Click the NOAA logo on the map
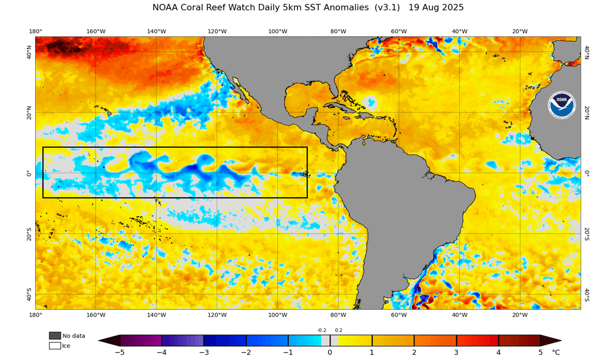point(561,105)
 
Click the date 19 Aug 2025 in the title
point(443,8)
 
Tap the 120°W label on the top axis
point(217,31)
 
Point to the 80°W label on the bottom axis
point(338,316)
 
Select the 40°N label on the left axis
point(29,52)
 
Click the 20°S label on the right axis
point(587,234)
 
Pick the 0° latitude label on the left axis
point(29,173)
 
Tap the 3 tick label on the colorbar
point(457,352)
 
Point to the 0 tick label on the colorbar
point(330,352)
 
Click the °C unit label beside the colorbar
point(556,352)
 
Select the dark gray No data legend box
point(55,335)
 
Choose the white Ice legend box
point(55,346)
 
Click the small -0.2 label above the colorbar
point(322,330)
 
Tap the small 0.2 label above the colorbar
point(338,330)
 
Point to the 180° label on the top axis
point(35,31)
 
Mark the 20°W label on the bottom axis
point(520,316)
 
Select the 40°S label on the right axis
point(587,295)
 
